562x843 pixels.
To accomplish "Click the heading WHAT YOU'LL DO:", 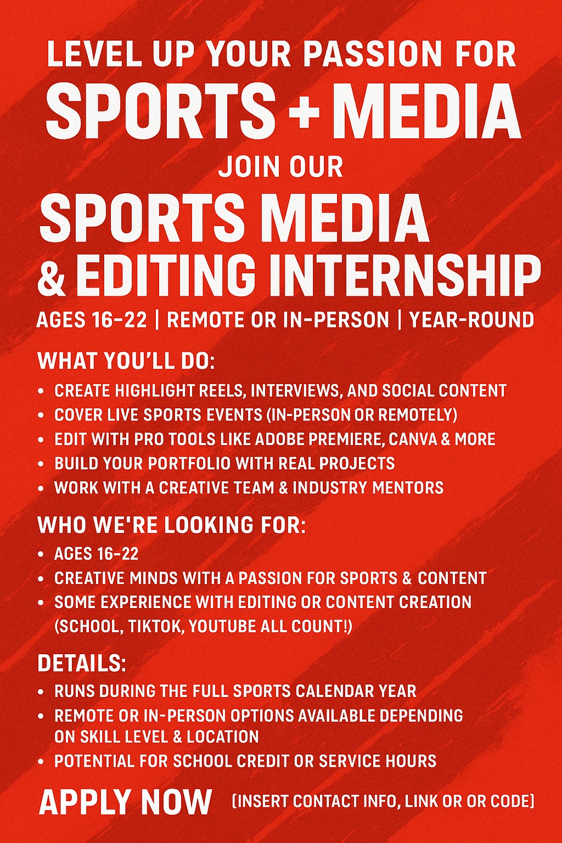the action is point(126,361).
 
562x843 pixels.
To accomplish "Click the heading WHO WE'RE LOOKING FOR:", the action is point(171,525).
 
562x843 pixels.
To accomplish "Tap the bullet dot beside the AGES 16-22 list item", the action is point(41,554).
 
